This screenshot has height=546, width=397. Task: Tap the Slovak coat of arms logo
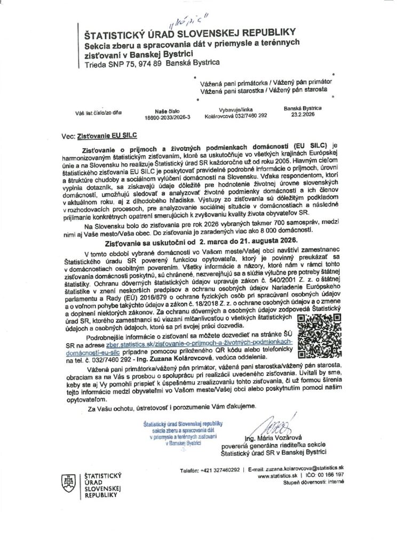[x=66, y=483]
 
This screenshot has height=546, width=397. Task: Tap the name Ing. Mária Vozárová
[x=270, y=439]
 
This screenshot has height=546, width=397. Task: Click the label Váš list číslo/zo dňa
[x=98, y=113]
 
